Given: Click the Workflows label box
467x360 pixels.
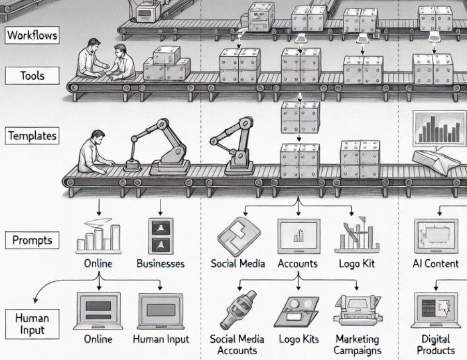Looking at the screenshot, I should [x=32, y=36].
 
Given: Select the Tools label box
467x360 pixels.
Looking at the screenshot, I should [x=32, y=76].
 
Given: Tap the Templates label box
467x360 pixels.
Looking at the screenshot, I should [x=32, y=137].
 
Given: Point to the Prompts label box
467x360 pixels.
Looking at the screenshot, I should [x=32, y=240].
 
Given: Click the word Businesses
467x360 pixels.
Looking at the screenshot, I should [x=160, y=263].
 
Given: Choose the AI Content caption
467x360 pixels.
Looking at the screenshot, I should [x=435, y=263].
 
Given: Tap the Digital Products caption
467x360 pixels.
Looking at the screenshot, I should [x=436, y=344].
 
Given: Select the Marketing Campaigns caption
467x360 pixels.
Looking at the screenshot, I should [x=357, y=344].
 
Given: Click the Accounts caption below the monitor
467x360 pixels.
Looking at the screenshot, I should [x=298, y=263].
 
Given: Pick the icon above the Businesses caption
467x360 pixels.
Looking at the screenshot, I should [x=160, y=236].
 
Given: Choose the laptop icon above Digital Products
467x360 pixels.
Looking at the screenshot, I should [x=436, y=310].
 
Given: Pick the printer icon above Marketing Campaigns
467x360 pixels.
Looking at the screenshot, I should [x=357, y=310].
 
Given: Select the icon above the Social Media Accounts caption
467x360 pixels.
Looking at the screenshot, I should [x=238, y=310].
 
